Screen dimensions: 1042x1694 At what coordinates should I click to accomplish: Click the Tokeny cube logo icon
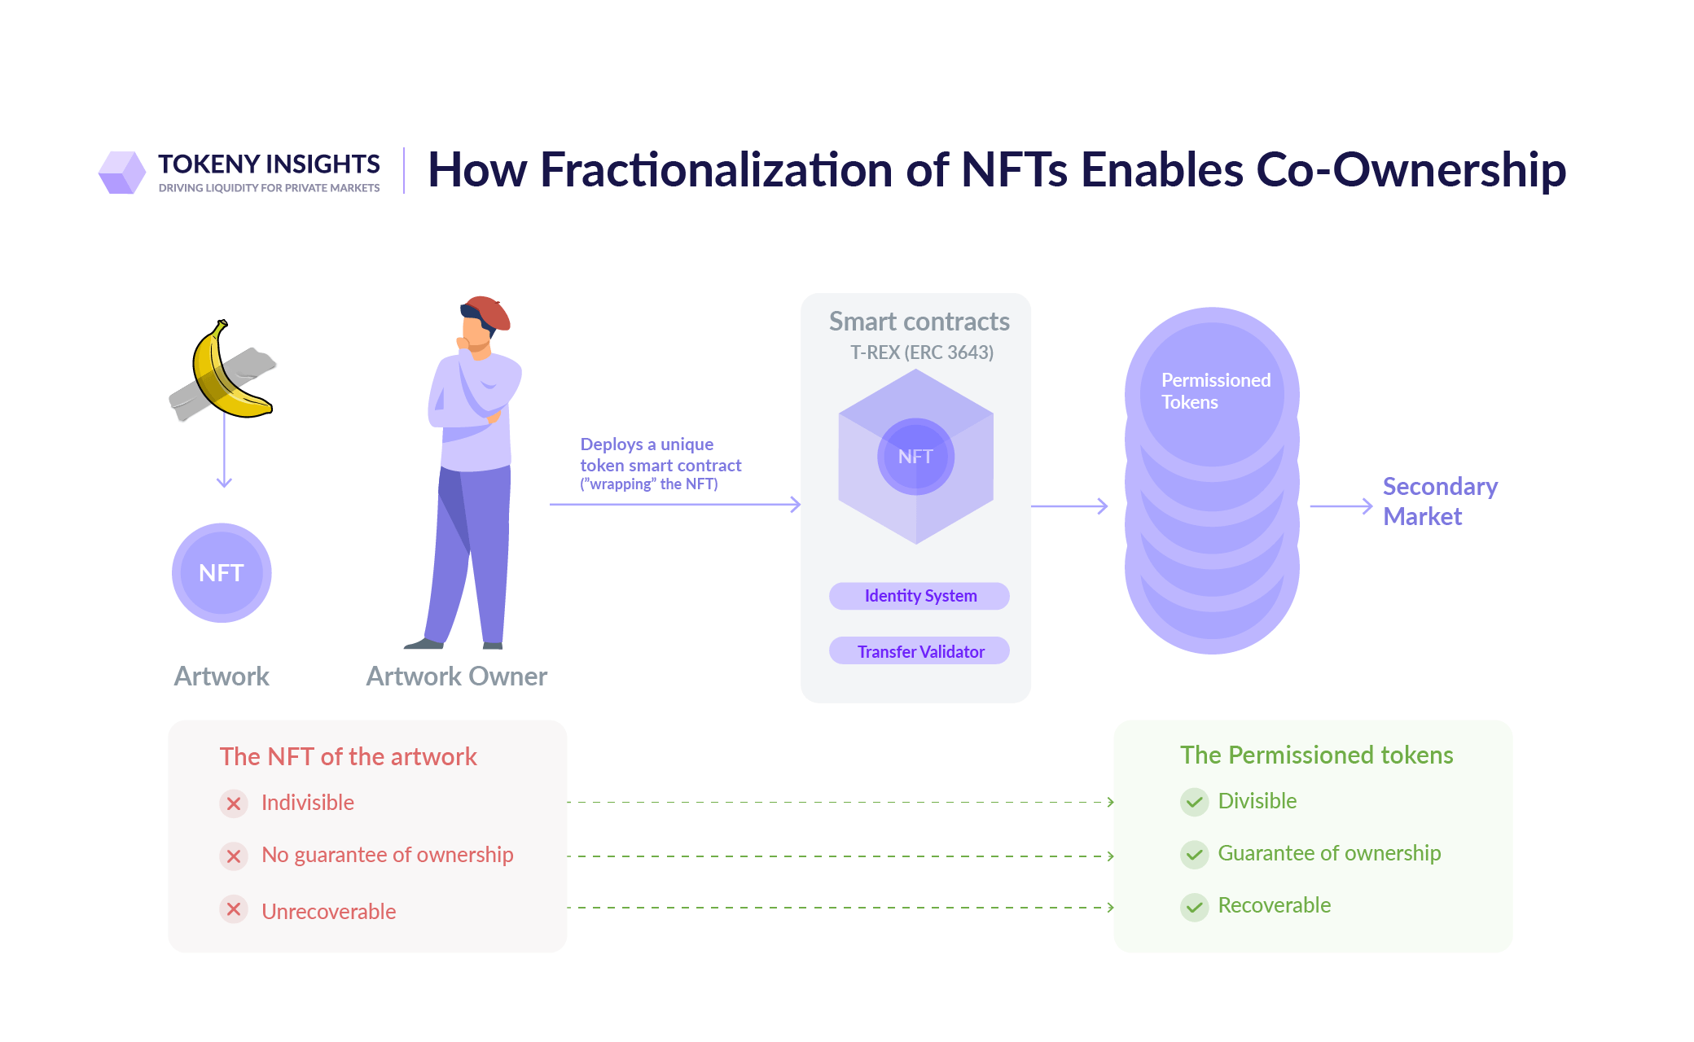coord(122,172)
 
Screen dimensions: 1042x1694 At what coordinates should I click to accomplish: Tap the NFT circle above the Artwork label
coord(222,573)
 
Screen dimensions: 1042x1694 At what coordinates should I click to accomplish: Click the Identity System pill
coord(919,596)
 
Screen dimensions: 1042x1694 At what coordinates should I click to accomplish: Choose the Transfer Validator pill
coord(919,651)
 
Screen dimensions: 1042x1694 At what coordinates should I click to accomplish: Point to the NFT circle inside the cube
coord(915,457)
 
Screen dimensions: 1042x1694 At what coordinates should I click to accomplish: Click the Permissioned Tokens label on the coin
coord(1214,391)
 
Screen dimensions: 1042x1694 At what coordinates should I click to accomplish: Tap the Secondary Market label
coord(1439,501)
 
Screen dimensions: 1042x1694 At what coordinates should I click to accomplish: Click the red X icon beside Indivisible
coord(234,803)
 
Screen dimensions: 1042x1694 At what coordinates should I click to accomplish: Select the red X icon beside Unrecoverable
coord(234,909)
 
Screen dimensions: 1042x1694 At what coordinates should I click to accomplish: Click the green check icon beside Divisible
coord(1194,802)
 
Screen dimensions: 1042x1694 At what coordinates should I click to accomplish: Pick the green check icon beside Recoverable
coord(1194,906)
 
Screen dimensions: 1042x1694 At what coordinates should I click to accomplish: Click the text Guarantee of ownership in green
coord(1328,853)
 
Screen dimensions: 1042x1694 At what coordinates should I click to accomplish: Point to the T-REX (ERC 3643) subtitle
coord(921,352)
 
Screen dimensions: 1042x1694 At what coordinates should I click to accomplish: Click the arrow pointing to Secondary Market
coord(1341,506)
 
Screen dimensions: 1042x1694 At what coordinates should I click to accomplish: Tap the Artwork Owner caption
coord(456,676)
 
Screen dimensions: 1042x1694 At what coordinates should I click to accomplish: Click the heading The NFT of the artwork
coord(348,756)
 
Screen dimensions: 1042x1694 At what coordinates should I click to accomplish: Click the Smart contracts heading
coord(919,322)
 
